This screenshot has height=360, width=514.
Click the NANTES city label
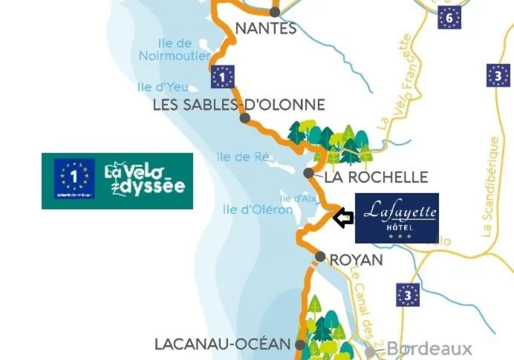click(265, 29)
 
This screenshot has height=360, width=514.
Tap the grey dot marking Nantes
click(275, 12)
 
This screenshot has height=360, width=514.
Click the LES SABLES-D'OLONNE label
click(238, 105)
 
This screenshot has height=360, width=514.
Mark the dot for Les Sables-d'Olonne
click(244, 118)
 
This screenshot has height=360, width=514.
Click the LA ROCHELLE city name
click(377, 177)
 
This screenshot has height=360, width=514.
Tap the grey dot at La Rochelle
click(308, 173)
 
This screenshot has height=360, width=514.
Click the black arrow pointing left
click(343, 218)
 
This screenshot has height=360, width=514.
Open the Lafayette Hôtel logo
click(397, 218)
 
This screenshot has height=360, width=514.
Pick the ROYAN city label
click(356, 260)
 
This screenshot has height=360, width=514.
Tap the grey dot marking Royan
click(319, 257)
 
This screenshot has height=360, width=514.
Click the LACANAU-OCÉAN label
click(221, 344)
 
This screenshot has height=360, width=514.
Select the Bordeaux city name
click(429, 349)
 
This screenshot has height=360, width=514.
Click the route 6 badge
click(449, 17)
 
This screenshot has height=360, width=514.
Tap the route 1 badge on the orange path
click(223, 76)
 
